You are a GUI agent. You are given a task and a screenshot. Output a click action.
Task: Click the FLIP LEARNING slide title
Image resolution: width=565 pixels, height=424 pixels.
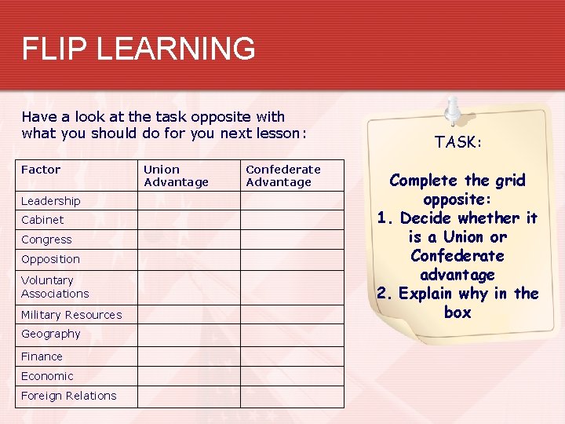pyautogui.click(x=138, y=49)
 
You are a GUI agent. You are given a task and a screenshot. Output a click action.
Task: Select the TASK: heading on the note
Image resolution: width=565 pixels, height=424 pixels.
pyautogui.click(x=458, y=142)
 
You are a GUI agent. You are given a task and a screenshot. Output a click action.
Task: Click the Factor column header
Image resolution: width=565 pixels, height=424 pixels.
pyautogui.click(x=41, y=170)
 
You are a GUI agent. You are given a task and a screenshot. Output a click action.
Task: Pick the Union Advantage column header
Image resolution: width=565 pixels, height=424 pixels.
pyautogui.click(x=176, y=176)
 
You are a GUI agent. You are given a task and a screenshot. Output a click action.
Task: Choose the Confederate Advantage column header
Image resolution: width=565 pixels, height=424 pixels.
pyautogui.click(x=283, y=176)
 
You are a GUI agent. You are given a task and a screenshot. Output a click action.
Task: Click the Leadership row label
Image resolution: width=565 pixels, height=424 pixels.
pyautogui.click(x=51, y=201)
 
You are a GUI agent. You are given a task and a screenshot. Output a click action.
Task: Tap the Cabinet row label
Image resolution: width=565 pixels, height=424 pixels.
pyautogui.click(x=42, y=220)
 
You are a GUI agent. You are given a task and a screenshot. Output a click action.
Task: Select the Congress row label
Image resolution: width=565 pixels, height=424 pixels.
pyautogui.click(x=46, y=239)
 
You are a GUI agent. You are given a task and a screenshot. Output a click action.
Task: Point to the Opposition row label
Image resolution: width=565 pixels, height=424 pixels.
pyautogui.click(x=50, y=259)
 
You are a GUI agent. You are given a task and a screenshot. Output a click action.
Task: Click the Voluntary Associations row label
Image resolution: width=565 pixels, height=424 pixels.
pyautogui.click(x=55, y=287)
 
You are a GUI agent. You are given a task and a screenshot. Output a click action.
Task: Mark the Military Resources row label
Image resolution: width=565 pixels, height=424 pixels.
pyautogui.click(x=71, y=315)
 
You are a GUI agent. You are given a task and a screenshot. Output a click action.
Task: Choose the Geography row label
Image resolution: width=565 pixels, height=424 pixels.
pyautogui.click(x=51, y=334)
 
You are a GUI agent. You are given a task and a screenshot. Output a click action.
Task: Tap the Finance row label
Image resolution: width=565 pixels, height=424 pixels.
pyautogui.click(x=42, y=356)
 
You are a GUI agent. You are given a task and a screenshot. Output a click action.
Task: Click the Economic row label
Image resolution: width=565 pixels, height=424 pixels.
pyautogui.click(x=47, y=376)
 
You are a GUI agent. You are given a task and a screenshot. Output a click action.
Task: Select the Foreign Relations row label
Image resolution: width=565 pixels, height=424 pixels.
pyautogui.click(x=68, y=396)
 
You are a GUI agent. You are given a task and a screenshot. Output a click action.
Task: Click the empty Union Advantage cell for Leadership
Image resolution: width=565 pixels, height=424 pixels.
pyautogui.click(x=188, y=201)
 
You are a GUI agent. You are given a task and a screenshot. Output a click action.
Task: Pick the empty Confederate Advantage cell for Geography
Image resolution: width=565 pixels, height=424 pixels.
pyautogui.click(x=292, y=334)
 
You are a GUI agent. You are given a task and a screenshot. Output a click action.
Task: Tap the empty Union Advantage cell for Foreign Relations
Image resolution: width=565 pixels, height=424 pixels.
pyautogui.click(x=188, y=397)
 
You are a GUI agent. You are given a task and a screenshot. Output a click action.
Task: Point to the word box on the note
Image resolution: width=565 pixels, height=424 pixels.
pyautogui.click(x=457, y=313)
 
